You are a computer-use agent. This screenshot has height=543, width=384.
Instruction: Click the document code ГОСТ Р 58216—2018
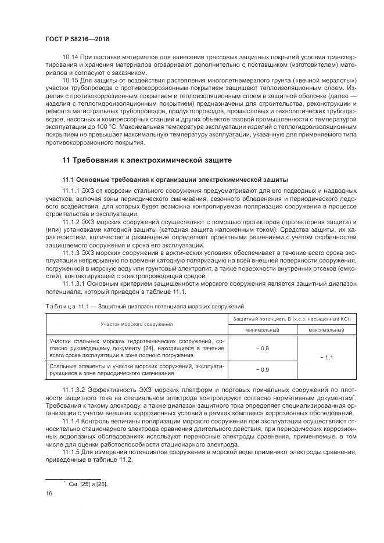point(77,39)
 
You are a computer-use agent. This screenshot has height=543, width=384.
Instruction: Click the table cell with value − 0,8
point(263,347)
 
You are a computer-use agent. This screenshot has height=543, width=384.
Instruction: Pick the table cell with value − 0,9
point(263,369)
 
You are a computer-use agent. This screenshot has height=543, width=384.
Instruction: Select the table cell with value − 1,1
point(326,357)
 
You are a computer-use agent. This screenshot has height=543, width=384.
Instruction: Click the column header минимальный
point(263,329)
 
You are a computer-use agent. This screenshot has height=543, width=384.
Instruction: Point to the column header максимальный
point(326,329)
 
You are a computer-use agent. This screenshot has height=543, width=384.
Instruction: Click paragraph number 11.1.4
point(71,419)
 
